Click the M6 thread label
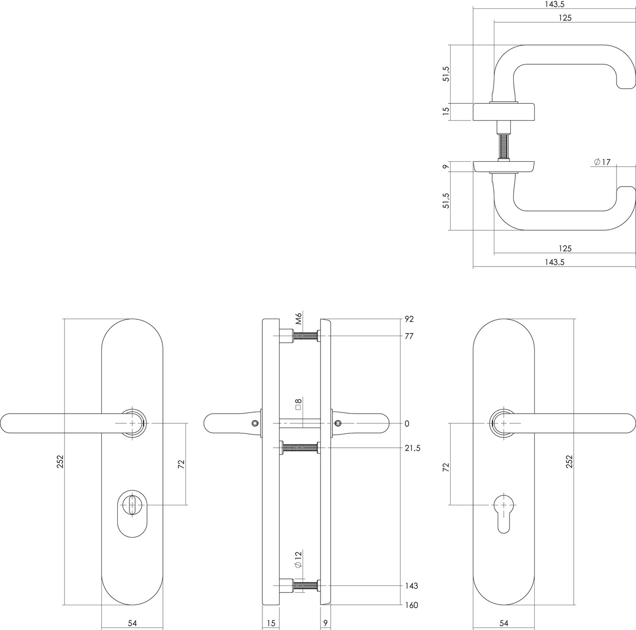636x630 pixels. [299, 318]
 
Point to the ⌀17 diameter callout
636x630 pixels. [602, 162]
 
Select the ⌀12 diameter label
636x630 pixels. [298, 560]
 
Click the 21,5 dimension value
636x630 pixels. [412, 448]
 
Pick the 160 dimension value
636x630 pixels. [411, 605]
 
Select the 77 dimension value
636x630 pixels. [409, 336]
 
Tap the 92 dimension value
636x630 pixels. [409, 319]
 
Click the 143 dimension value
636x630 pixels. [411, 586]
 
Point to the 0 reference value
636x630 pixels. [407, 423]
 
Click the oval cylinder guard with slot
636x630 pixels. [132, 514]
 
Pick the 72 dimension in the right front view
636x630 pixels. [446, 467]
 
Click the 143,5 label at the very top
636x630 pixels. [555, 4]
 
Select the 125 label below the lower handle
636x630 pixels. [565, 248]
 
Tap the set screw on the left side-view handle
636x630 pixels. [255, 423]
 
